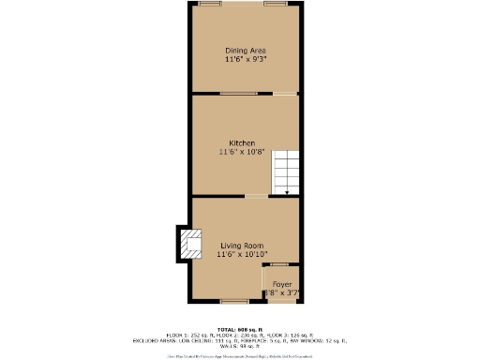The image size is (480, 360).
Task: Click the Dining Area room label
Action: pyautogui.click(x=246, y=50)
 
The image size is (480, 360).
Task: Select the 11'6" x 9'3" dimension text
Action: pyautogui.click(x=246, y=59)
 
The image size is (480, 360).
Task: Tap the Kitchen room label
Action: pyautogui.click(x=242, y=142)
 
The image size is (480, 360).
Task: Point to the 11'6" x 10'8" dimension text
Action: pyautogui.click(x=242, y=151)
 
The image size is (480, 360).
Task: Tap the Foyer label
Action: pyautogui.click(x=281, y=283)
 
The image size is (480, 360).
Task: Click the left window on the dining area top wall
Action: pyautogui.click(x=211, y=4)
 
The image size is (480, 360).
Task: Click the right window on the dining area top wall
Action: pyautogui.click(x=275, y=4)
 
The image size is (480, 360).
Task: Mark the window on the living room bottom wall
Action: pyautogui.click(x=234, y=301)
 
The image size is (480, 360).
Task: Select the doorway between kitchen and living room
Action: pyautogui.click(x=256, y=196)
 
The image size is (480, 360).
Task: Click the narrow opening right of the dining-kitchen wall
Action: pyautogui.click(x=286, y=94)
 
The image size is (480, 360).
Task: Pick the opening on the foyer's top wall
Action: pyautogui.click(x=282, y=265)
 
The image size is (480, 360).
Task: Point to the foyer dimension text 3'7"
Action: pyautogui.click(x=290, y=292)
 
